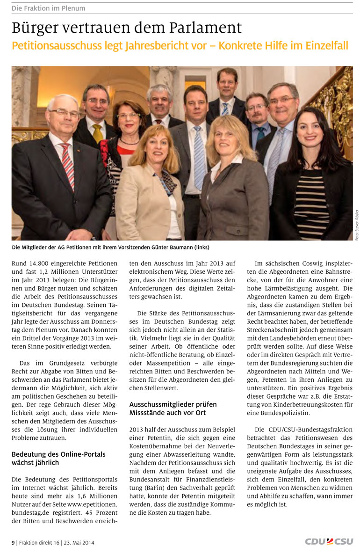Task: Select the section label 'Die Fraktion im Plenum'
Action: click(x=49, y=8)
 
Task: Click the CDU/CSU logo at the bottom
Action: click(x=329, y=541)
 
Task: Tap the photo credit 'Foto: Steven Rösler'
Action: click(x=356, y=225)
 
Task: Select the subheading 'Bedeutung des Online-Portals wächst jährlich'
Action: click(x=58, y=458)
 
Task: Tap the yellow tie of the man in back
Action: click(x=98, y=134)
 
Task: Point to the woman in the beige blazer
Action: click(x=150, y=197)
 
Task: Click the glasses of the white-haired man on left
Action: click(x=65, y=112)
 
